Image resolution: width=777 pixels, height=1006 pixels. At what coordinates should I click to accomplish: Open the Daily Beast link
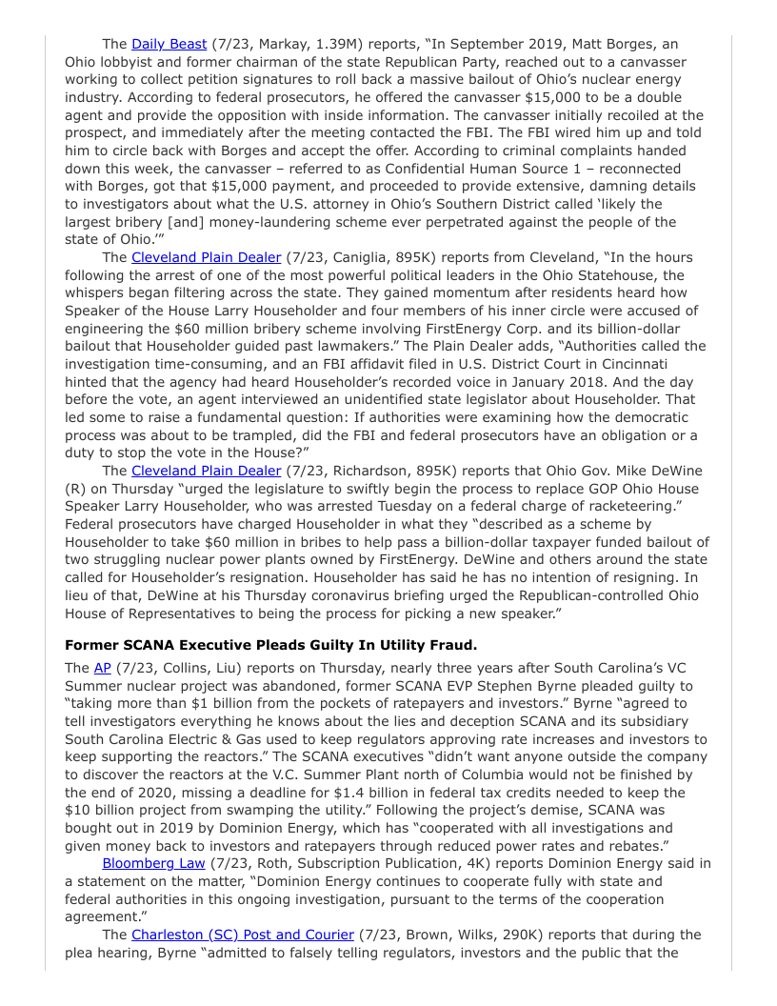point(169,44)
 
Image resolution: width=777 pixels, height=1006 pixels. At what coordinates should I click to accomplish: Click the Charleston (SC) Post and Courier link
point(243,935)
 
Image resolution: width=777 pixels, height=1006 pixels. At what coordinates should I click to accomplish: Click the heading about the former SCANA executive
point(270,645)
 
